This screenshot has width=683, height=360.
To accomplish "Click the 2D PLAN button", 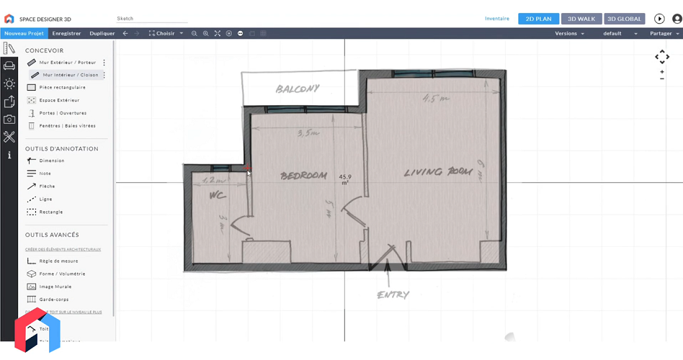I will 538,19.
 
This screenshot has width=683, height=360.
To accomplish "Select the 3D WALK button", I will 581,19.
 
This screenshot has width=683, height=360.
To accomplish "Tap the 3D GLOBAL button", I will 624,19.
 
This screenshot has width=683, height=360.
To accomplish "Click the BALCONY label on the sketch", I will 298,89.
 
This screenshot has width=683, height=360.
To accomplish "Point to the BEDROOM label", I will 303,176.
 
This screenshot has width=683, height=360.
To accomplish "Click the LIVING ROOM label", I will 438,172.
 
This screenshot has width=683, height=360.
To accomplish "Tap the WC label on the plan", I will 217,195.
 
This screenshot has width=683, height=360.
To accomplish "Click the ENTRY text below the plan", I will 393,294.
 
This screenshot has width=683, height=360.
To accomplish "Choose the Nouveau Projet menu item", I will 24,33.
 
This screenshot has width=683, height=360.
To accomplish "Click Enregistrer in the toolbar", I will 66,33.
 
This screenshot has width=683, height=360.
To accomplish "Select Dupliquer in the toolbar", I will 102,33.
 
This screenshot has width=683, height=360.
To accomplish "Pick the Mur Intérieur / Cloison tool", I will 70,75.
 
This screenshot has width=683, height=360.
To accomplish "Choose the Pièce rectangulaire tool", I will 62,87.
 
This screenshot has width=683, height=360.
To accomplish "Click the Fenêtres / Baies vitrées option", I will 67,126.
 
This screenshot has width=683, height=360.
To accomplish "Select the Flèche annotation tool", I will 47,186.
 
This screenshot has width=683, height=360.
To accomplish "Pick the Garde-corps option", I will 54,300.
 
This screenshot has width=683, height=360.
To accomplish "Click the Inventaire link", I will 497,19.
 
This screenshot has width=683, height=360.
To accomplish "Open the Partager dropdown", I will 663,33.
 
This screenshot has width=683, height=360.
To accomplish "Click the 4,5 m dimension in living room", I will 434,99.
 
